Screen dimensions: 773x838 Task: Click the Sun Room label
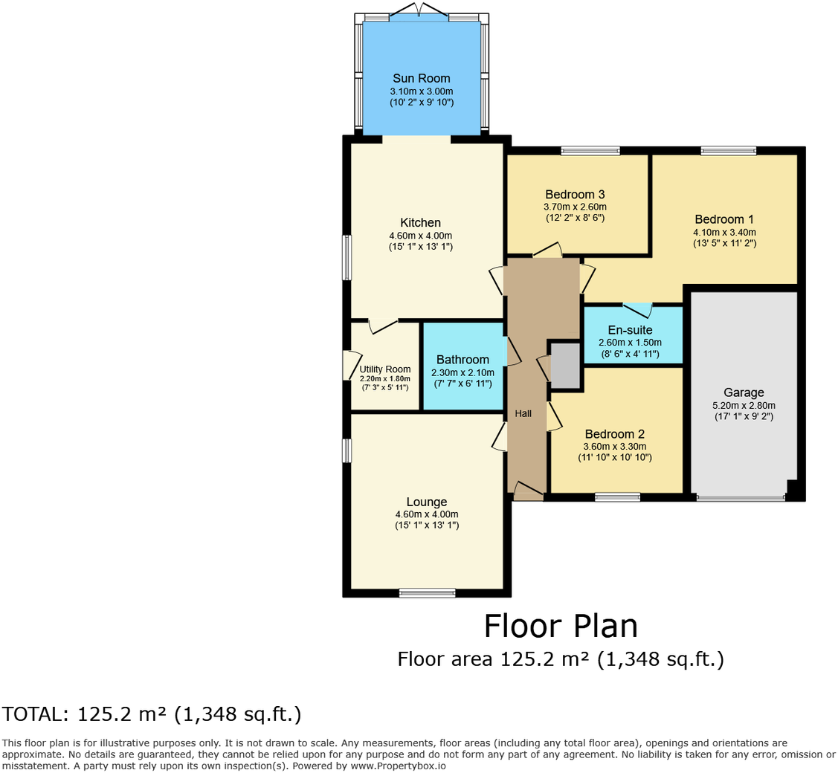[x=421, y=78]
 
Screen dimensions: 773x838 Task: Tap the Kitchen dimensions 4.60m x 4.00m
[x=420, y=236]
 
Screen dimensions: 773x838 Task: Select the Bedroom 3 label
[x=575, y=195]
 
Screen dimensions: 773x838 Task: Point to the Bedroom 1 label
[x=724, y=219]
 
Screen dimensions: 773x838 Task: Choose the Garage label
[x=744, y=392]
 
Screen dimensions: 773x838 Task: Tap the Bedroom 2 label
[x=614, y=434]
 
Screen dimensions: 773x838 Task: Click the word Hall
[x=523, y=413]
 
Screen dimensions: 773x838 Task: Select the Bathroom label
[x=462, y=360]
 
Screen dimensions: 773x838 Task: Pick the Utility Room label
[x=385, y=369]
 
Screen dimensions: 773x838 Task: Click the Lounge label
[x=426, y=502]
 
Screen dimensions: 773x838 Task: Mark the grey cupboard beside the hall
[x=565, y=365]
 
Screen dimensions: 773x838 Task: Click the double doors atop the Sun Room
[x=419, y=11]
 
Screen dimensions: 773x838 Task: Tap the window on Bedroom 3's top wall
[x=590, y=151]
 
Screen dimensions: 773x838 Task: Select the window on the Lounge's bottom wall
[x=427, y=592]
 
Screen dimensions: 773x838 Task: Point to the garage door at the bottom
[x=741, y=498]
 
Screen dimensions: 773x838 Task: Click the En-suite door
[x=637, y=308]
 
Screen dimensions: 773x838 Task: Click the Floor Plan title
[x=561, y=626]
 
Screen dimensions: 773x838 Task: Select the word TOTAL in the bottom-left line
[x=33, y=714]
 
